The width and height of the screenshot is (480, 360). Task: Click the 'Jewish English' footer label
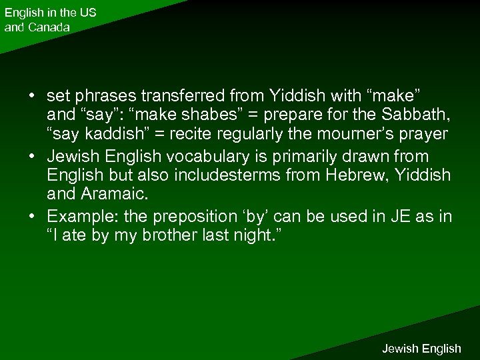pyautogui.click(x=421, y=348)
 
